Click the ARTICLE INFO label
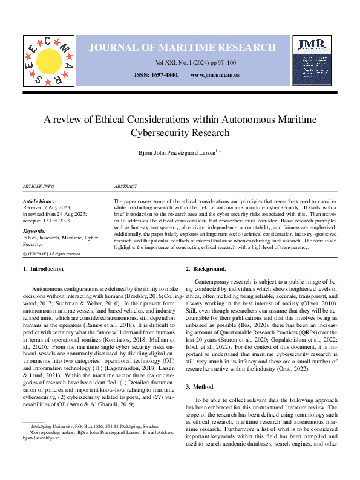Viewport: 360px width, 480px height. pyautogui.click(x=38, y=187)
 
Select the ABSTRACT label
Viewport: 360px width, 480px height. pyautogui.click(x=125, y=187)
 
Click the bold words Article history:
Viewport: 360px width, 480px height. pyautogui.click(x=39, y=201)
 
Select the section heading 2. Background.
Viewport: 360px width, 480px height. pyautogui.click(x=206, y=268)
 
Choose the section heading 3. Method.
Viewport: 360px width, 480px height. pyautogui.click(x=200, y=369)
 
